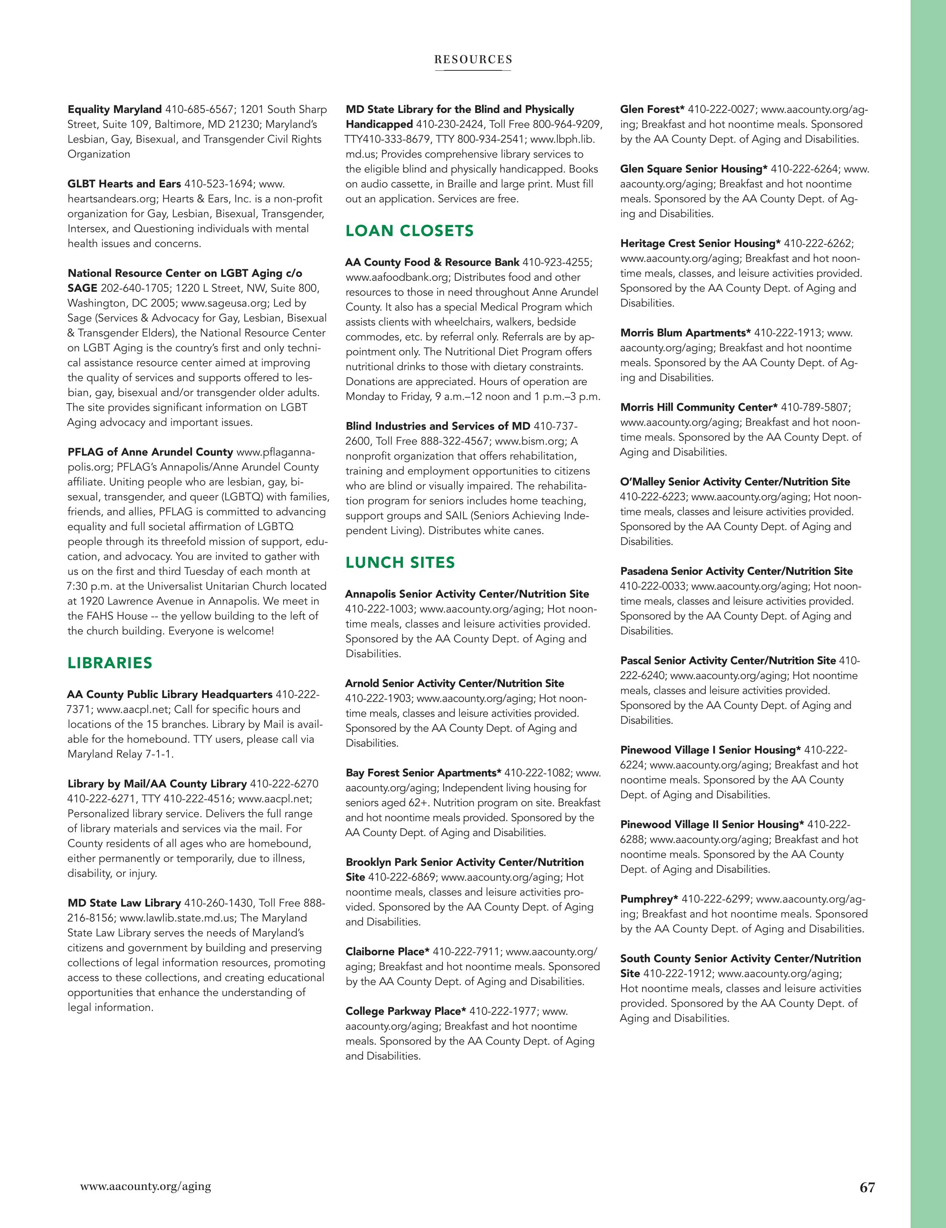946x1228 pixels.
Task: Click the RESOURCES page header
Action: (x=473, y=59)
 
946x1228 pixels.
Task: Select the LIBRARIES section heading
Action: (x=110, y=663)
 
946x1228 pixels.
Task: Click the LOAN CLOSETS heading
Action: (x=409, y=231)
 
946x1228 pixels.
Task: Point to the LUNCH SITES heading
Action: (x=400, y=563)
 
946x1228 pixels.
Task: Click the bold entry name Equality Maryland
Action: (x=114, y=109)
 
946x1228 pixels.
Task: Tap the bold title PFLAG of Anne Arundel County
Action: (x=150, y=452)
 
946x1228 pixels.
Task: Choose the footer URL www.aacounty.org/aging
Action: (x=146, y=1186)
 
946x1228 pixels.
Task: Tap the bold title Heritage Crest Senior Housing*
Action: (x=700, y=244)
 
